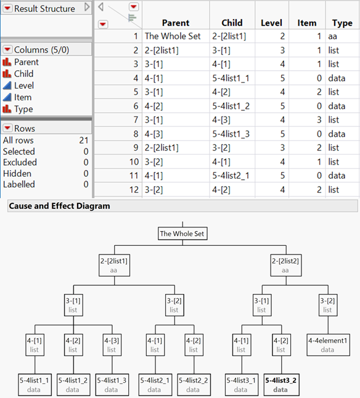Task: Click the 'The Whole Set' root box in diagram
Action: (182, 234)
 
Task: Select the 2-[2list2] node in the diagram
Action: (286, 266)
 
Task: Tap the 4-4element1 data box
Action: (328, 344)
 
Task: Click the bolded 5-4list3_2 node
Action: (281, 384)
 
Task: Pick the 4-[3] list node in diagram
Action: (112, 344)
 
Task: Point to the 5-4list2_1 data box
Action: (155, 384)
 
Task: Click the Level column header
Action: (271, 23)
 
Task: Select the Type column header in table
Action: (342, 23)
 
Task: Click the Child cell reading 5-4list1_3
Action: (231, 134)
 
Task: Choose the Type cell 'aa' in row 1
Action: (333, 36)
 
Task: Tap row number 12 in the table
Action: (134, 190)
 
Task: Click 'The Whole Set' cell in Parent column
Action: (173, 36)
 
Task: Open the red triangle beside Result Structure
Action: (7, 9)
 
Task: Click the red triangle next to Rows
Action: (7, 128)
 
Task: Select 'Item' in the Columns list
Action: (23, 97)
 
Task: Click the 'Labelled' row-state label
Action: (18, 184)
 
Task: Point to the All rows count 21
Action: (84, 140)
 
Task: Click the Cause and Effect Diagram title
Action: (59, 206)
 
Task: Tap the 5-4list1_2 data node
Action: (73, 384)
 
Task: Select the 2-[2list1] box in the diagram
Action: (114, 266)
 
